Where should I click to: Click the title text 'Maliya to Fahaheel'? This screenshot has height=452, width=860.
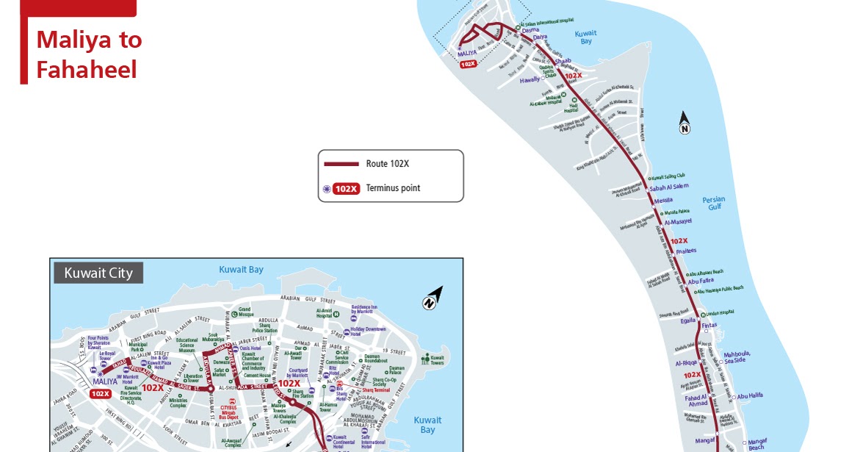pos(89,54)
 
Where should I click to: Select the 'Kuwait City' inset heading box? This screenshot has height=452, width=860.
pos(98,273)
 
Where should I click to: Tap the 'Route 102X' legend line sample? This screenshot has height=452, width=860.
pos(342,164)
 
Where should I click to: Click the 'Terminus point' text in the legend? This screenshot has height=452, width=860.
pos(393,188)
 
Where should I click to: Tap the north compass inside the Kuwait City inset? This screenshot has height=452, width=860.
pos(432,298)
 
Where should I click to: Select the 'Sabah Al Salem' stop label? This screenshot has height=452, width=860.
pos(669,187)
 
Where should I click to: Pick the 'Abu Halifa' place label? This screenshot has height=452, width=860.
pos(750,395)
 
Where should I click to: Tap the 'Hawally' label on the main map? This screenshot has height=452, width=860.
pos(530,80)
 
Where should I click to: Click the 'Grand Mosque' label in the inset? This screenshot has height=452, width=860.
pos(245,312)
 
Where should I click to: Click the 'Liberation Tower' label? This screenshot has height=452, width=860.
pos(192,379)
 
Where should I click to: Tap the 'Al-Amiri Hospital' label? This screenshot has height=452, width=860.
pos(324,313)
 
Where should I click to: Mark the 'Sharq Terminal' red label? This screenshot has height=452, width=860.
pos(375,390)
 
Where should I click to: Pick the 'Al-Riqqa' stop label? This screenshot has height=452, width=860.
pos(685,363)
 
